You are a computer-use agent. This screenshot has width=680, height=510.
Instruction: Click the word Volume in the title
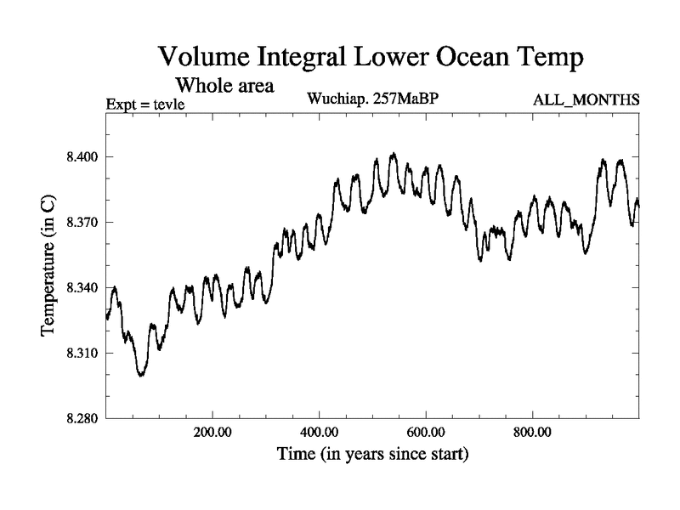pyautogui.click(x=203, y=58)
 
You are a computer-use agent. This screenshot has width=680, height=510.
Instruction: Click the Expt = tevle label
pyautogui.click(x=145, y=105)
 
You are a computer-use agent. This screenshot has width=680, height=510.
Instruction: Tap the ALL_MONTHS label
pyautogui.click(x=586, y=100)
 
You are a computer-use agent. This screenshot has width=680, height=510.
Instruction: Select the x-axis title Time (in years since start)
pyautogui.click(x=372, y=456)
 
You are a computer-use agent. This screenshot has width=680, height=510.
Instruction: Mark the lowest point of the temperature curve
pyautogui.click(x=141, y=375)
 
